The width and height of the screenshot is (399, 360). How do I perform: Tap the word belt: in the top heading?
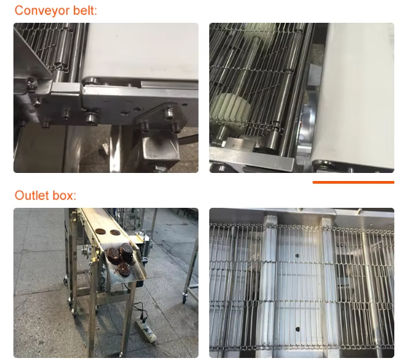pos(85,11)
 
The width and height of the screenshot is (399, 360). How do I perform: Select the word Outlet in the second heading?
pos(32,195)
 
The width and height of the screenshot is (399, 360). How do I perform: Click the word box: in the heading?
pos(64,195)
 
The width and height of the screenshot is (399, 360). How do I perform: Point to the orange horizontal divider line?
pos(353,182)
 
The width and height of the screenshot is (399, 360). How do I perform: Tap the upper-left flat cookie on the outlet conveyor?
pos(101,231)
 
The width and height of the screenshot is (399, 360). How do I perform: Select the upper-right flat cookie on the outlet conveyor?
pos(115,233)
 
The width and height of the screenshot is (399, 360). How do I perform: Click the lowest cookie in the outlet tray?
pos(124,269)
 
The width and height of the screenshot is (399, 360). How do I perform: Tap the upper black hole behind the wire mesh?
pos(297,255)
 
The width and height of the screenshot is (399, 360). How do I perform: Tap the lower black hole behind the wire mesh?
pos(297,329)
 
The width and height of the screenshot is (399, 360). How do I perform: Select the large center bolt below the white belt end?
pos(90,118)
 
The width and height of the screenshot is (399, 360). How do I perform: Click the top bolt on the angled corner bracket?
pos(169,113)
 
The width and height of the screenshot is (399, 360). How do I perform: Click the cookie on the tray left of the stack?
pos(113,255)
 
